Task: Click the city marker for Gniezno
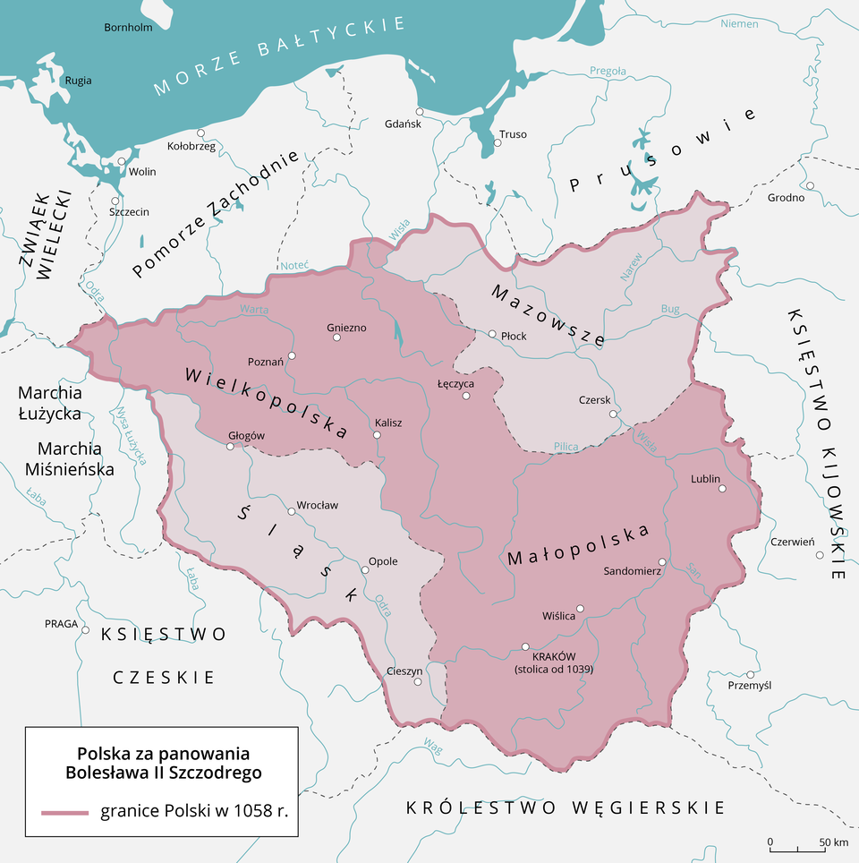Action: coord(336,338)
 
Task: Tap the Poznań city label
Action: coord(266,362)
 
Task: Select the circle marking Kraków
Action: coord(525,646)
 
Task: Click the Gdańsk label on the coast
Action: coord(402,124)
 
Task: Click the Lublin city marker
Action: coord(722,489)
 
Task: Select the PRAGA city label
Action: coord(61,624)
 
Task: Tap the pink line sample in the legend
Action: coord(64,812)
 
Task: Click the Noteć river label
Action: coord(294,265)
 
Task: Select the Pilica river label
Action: coord(566,446)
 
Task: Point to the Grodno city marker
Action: coord(809,186)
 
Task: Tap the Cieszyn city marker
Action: coord(417,682)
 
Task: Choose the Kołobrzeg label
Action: coord(191,147)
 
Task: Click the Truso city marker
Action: coord(497,142)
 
